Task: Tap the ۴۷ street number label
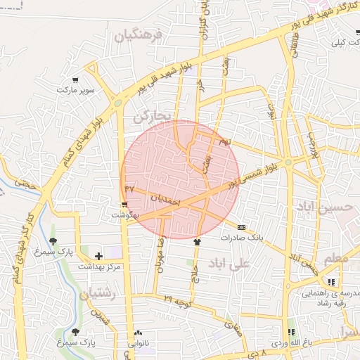point(129,189)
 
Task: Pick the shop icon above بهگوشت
point(124,205)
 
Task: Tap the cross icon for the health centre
point(98,256)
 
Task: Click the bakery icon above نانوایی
point(137,333)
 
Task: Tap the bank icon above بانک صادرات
point(241,227)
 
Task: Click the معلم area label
point(337,259)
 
